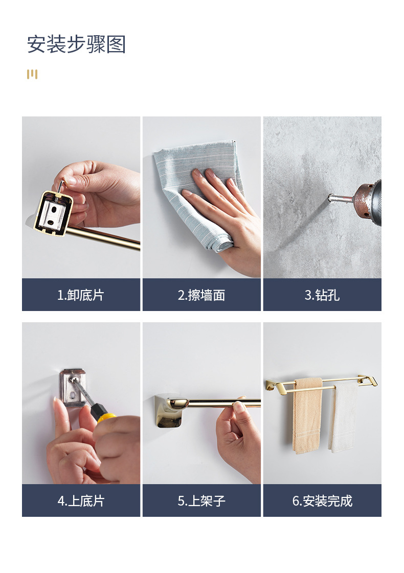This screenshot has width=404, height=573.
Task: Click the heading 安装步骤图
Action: coord(77,44)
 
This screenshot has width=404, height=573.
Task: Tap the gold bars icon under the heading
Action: coord(32,74)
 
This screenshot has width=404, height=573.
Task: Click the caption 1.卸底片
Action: coord(81,295)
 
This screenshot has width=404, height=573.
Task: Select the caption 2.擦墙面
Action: coord(201,295)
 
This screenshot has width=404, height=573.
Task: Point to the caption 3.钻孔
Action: coord(322,295)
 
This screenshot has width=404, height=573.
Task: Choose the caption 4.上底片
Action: coord(81,500)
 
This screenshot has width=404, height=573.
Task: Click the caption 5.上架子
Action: coord(201,500)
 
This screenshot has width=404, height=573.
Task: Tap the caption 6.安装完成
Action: coord(322,500)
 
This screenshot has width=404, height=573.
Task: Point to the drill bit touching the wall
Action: coord(336,199)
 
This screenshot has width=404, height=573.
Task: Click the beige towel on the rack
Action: coord(307,416)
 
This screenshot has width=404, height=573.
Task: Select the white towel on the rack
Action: coord(343,417)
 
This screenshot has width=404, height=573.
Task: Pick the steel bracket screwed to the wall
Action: coord(73,388)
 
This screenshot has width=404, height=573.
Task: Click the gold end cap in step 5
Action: coord(169,411)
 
